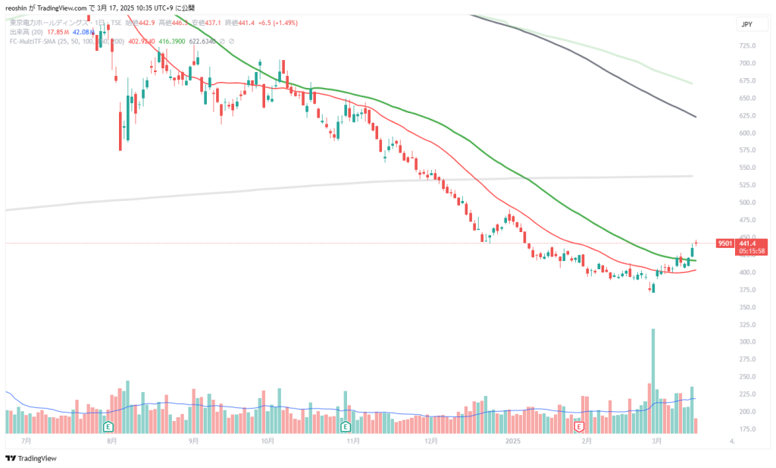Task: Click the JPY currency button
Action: [746, 25]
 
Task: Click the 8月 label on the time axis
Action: [111, 440]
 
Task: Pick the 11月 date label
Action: [352, 440]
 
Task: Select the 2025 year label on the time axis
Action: [514, 440]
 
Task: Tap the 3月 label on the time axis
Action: [656, 440]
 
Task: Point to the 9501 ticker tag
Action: [725, 243]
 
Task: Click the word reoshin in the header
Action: [17, 7]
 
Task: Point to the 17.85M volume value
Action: [58, 32]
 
